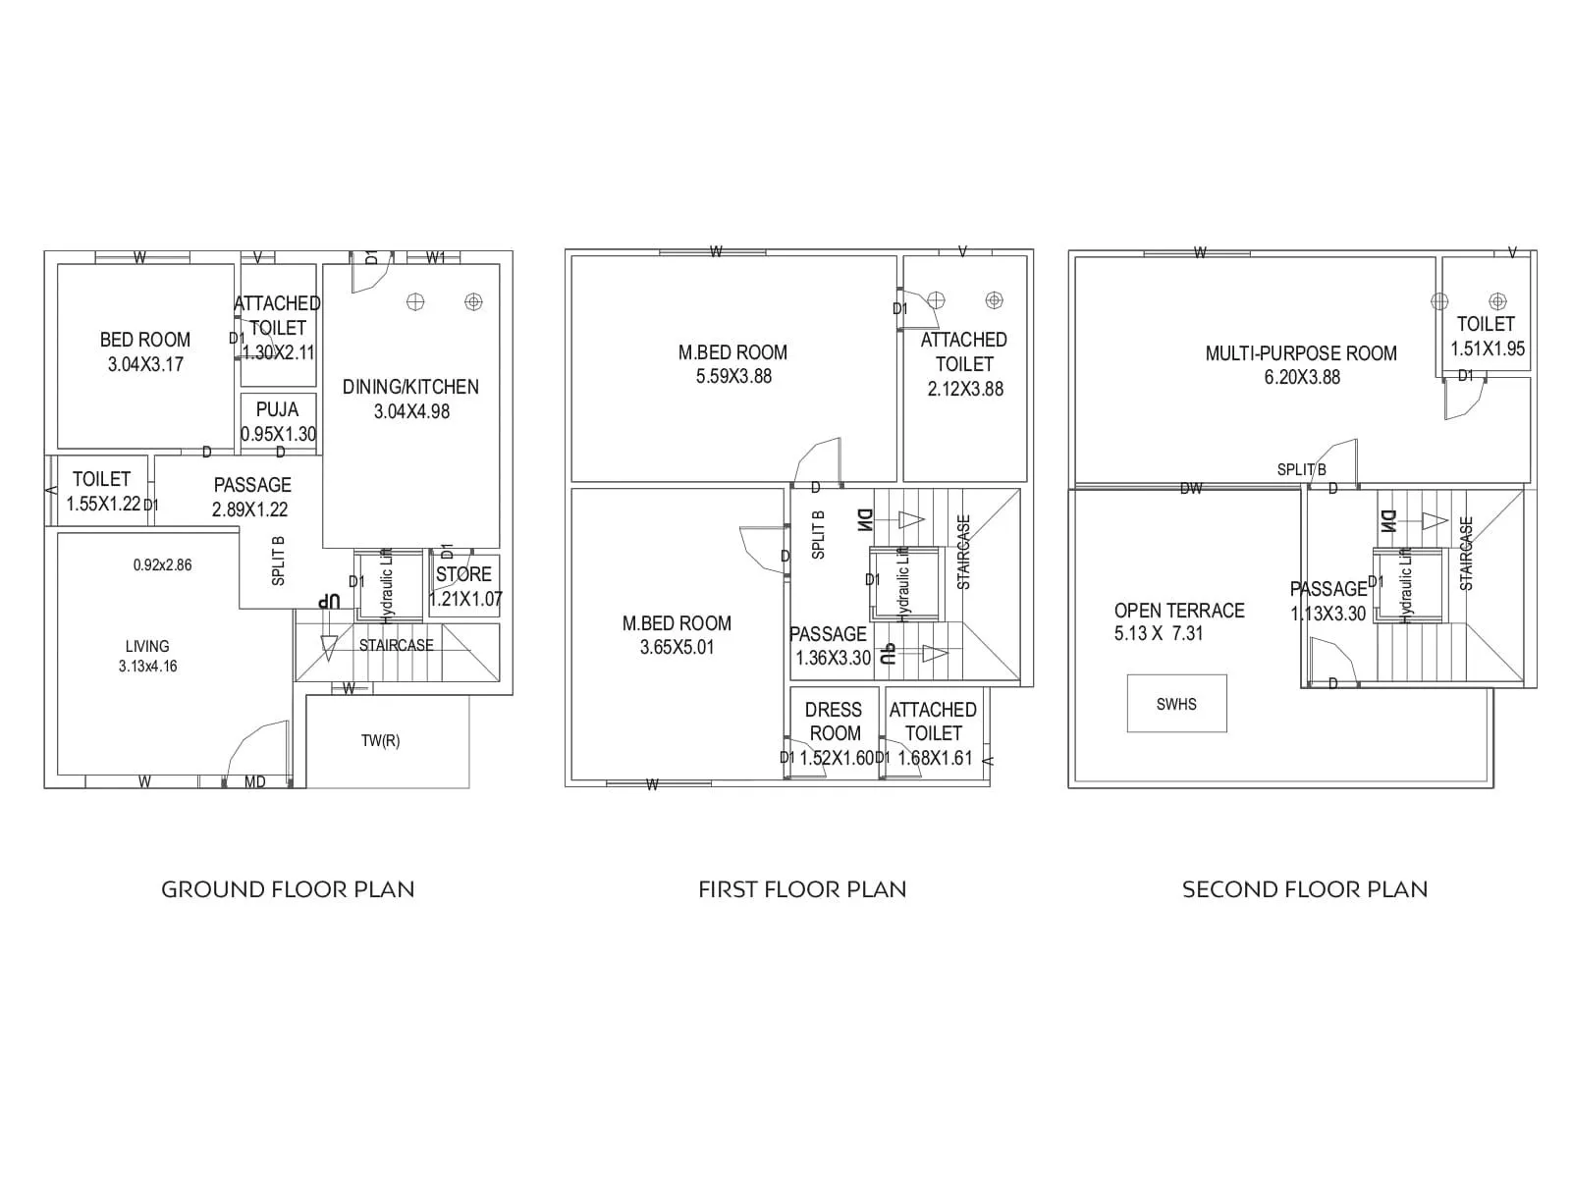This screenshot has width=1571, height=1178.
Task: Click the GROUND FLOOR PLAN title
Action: (288, 889)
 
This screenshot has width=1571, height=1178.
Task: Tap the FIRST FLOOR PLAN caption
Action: (802, 889)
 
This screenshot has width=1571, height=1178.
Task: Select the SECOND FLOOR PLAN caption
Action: (1305, 889)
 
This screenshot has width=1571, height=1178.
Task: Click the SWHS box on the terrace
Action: (1176, 704)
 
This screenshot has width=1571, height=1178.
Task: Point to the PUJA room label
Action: (277, 410)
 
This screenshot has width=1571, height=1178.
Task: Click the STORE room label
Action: (463, 574)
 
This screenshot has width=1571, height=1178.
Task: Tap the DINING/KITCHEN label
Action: (410, 387)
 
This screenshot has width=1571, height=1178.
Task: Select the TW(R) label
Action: (380, 741)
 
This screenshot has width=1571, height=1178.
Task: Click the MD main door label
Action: (254, 782)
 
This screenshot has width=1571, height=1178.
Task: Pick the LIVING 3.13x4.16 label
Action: (147, 656)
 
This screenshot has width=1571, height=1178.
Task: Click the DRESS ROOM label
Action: (834, 722)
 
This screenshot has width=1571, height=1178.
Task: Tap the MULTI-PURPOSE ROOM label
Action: (1301, 353)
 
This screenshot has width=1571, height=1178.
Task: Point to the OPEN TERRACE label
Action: (1178, 611)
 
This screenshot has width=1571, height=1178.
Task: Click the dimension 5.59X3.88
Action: (733, 377)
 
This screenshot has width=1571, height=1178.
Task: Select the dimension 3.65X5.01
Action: (677, 648)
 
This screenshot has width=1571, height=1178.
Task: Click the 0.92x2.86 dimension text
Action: (162, 565)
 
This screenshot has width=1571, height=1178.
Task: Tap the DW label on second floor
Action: (1190, 488)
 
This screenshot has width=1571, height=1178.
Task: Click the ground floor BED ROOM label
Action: (145, 340)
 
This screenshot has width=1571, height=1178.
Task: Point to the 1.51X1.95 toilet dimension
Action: (1488, 348)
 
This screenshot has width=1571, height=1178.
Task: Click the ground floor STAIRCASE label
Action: (396, 646)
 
